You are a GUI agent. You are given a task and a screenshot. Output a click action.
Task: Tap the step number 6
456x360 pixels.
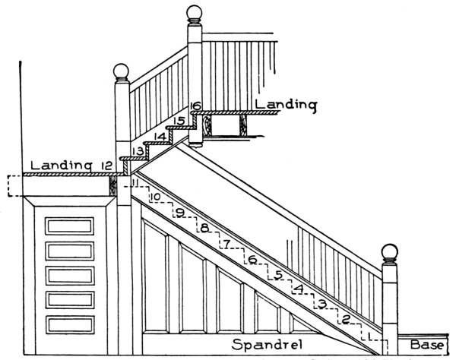tap(252, 260)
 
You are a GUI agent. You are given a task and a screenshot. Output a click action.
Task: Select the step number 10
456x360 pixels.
tap(154, 198)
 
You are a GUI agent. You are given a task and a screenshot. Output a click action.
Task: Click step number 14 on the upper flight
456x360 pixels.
tap(158, 137)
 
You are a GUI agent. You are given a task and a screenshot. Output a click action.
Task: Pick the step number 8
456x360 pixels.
tap(203, 228)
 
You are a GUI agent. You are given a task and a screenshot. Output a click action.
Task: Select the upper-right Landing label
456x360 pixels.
tap(285, 104)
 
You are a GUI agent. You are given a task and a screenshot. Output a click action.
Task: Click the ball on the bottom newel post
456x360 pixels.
tap(389, 252)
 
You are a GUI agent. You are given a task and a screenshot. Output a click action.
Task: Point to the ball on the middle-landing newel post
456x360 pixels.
tap(122, 72)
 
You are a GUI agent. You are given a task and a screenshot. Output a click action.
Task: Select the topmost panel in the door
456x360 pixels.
tap(69, 226)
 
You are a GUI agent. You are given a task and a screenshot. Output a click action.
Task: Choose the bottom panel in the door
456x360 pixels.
tap(69, 324)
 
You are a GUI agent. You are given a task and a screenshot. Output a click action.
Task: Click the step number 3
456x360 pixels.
tap(322, 305)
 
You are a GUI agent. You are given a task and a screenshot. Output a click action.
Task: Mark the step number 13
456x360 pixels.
tap(138, 152)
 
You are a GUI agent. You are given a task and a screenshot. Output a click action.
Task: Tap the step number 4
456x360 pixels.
tap(299, 289)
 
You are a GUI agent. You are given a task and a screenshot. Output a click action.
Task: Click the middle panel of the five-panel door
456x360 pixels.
tap(69, 275)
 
